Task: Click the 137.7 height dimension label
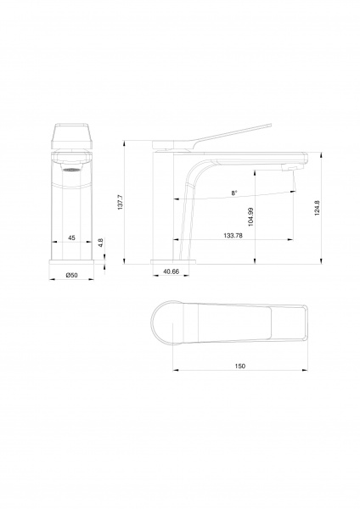(x=120, y=202)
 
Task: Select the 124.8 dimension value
(x=317, y=208)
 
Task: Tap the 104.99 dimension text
(x=250, y=217)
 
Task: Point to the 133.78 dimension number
(x=233, y=236)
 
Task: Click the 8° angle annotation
(x=234, y=193)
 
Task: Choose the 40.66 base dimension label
(x=171, y=271)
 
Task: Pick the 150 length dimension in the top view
(x=239, y=366)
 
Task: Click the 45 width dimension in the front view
(x=71, y=238)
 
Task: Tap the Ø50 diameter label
(x=71, y=275)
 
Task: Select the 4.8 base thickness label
(x=101, y=243)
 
